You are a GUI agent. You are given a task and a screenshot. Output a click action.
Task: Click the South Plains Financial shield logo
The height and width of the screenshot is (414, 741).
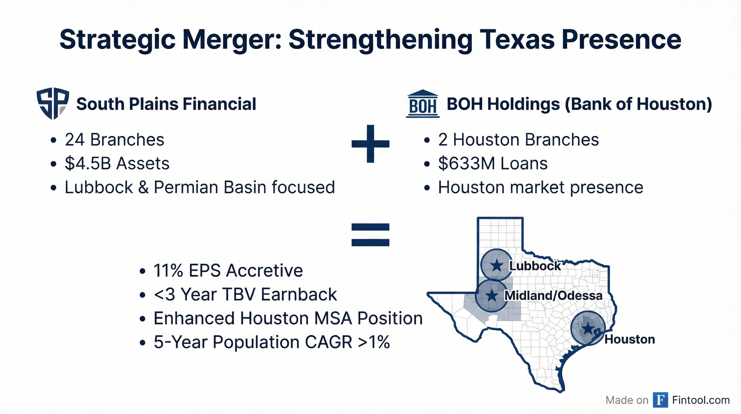[53, 103]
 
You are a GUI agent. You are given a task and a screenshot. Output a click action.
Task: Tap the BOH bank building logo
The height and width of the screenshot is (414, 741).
[422, 104]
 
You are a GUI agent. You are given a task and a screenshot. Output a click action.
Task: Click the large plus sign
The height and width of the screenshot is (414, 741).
[370, 144]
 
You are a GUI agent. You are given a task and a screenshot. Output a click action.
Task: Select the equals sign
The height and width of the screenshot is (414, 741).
[370, 235]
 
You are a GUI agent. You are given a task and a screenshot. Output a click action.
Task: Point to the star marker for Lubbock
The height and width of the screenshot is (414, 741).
[497, 265]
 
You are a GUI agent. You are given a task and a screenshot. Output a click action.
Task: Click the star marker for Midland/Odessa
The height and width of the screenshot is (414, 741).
[492, 295]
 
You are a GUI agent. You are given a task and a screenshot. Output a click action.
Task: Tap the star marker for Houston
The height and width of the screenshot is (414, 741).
[588, 328]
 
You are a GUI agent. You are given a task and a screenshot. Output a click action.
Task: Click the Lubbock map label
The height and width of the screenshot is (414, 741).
[535, 266]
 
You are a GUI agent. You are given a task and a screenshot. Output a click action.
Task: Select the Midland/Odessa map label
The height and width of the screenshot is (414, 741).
[553, 296]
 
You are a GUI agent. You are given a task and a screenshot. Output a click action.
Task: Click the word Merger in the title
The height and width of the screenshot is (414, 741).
[232, 40]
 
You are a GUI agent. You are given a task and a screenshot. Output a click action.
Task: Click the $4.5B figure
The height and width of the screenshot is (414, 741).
[88, 164]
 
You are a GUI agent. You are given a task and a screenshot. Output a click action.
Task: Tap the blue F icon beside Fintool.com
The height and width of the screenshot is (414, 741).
[660, 400]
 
